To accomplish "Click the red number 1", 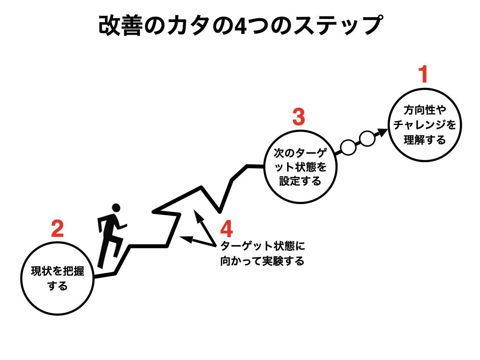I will (x=423, y=74).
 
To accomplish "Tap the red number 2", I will (x=57, y=229).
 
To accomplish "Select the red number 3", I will (x=299, y=117).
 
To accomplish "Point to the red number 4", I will (x=227, y=229).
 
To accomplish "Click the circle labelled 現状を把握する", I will (x=57, y=279).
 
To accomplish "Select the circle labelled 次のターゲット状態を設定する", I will (x=300, y=167).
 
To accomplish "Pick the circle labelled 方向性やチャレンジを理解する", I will (x=425, y=125).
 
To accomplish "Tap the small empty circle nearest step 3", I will (x=348, y=147).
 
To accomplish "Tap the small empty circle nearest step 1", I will (x=367, y=139).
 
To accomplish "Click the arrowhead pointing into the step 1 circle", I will (x=383, y=132).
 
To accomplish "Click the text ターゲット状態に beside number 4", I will (x=262, y=246).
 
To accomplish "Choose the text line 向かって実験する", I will (x=262, y=261).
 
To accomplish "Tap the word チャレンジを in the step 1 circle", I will (x=425, y=125).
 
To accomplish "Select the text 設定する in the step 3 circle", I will (x=300, y=181).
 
